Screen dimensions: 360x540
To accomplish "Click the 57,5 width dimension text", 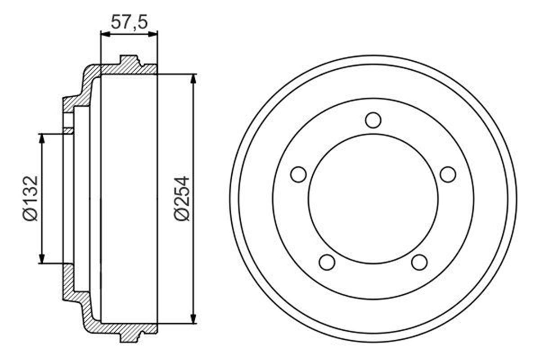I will [129, 22].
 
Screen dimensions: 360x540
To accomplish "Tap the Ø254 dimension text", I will [183, 198].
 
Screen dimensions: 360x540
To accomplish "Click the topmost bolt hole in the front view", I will [373, 120].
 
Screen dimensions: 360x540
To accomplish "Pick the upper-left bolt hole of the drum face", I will [298, 175].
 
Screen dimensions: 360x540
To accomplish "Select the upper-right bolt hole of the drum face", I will [448, 175].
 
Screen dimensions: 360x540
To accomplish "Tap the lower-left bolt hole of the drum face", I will [327, 262].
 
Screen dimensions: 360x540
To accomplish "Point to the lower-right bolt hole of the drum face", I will [419, 262].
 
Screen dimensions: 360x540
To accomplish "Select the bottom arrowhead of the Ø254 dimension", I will [193, 319].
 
